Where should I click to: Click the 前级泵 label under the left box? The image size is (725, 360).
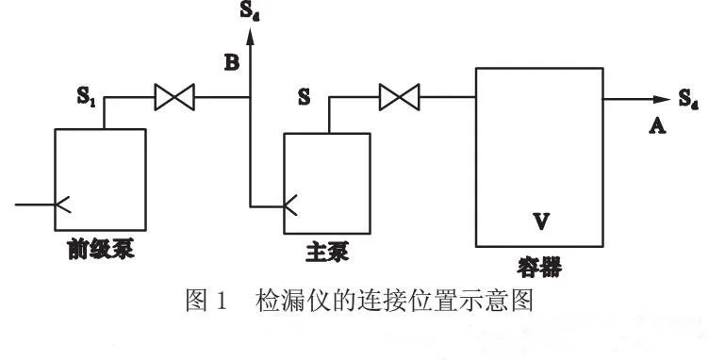pyautogui.click(x=101, y=250)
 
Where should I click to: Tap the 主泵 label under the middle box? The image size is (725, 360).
pyautogui.click(x=327, y=253)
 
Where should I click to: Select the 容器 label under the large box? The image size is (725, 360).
pyautogui.click(x=539, y=268)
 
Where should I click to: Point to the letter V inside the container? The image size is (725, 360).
pyautogui.click(x=541, y=221)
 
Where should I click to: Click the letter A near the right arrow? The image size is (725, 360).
pyautogui.click(x=657, y=125)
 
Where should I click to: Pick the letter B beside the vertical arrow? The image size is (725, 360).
pyautogui.click(x=232, y=62)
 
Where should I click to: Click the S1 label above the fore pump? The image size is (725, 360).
pyautogui.click(x=87, y=96)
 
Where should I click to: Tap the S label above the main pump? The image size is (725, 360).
pyautogui.click(x=304, y=97)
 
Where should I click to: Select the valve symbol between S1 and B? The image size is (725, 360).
pyautogui.click(x=174, y=97)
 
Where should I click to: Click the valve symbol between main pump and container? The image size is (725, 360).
pyautogui.click(x=399, y=97)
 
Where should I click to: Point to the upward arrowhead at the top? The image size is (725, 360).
pyautogui.click(x=250, y=37)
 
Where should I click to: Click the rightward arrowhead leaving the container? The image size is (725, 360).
pyautogui.click(x=662, y=99)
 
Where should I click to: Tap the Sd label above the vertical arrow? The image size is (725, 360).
pyautogui.click(x=250, y=11)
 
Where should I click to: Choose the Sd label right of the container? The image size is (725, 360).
pyautogui.click(x=688, y=99)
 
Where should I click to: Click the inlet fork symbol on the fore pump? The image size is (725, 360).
pyautogui.click(x=63, y=205)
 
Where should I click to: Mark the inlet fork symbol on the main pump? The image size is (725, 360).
pyautogui.click(x=290, y=206)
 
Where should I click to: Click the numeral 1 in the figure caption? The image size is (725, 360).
pyautogui.click(x=221, y=301)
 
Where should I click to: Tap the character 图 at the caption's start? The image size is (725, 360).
pyautogui.click(x=195, y=301)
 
